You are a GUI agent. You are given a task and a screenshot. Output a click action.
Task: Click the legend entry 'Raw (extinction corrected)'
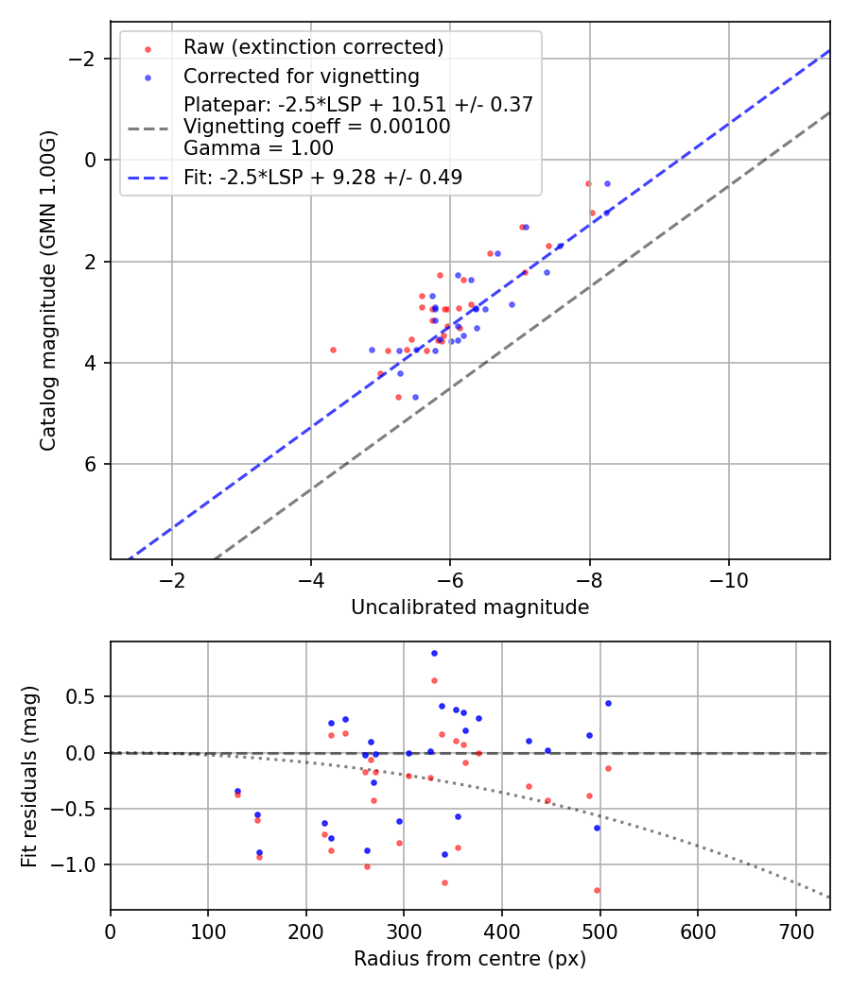(x=313, y=47)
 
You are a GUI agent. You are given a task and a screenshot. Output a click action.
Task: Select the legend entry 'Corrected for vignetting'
(x=301, y=76)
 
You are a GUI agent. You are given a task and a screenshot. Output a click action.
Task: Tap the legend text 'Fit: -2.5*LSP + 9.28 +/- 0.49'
(x=322, y=177)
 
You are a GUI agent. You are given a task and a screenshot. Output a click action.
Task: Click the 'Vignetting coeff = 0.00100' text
(x=317, y=127)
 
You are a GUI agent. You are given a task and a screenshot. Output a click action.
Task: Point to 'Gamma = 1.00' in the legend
(x=258, y=147)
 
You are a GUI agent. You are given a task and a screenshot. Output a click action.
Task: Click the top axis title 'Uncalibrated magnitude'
(x=470, y=607)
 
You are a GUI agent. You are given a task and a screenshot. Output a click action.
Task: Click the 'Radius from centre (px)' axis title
(x=470, y=959)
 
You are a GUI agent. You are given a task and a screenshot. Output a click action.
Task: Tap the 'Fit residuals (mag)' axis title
(x=29, y=775)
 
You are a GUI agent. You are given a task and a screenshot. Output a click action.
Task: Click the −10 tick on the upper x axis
(x=728, y=579)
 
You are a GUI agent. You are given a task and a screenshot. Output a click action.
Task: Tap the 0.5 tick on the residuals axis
(x=86, y=697)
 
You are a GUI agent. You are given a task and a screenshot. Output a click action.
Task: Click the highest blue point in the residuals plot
(x=434, y=653)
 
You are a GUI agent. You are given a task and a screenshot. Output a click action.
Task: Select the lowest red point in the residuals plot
(x=597, y=890)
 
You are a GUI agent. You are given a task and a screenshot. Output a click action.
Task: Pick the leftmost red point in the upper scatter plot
(x=333, y=350)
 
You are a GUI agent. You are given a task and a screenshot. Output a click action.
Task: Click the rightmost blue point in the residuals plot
(x=608, y=703)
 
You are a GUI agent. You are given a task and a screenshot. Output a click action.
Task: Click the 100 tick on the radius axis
(x=208, y=930)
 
